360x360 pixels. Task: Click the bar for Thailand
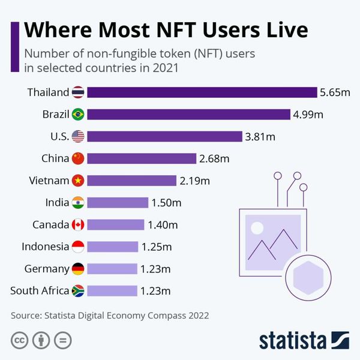click(x=202, y=92)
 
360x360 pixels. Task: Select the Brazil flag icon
click(x=78, y=115)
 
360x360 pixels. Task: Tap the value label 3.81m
click(x=260, y=137)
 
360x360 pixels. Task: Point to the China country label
click(x=55, y=158)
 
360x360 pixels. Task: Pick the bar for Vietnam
click(x=131, y=181)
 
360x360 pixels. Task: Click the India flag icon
click(x=78, y=203)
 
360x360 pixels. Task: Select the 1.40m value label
click(x=163, y=225)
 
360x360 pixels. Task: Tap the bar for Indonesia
click(x=113, y=247)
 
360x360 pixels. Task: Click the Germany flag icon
click(x=78, y=269)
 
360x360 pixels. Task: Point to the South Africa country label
click(x=40, y=290)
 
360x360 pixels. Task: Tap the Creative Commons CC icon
click(x=20, y=340)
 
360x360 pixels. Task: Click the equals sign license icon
click(x=62, y=340)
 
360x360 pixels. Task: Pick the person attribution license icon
click(x=41, y=340)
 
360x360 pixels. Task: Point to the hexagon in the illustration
click(x=308, y=278)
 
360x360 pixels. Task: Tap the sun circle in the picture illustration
click(x=257, y=228)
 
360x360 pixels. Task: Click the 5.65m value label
click(x=335, y=92)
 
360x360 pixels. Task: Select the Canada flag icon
click(x=78, y=224)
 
